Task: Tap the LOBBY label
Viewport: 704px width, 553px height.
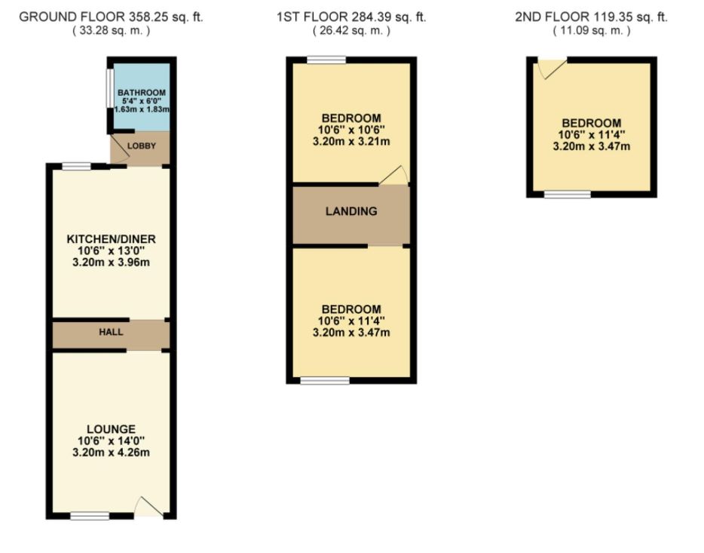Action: pyautogui.click(x=141, y=146)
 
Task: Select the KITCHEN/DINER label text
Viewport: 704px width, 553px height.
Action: pyautogui.click(x=110, y=239)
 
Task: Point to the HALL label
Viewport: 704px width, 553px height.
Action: pyautogui.click(x=110, y=331)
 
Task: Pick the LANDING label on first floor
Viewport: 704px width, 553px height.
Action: pyautogui.click(x=351, y=211)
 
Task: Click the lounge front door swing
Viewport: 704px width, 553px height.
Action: pyautogui.click(x=148, y=507)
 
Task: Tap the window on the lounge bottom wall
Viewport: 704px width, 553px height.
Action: pyautogui.click(x=90, y=516)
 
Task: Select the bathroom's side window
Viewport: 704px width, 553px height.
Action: pyautogui.click(x=109, y=92)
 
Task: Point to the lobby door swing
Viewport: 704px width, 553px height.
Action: pyautogui.click(x=121, y=149)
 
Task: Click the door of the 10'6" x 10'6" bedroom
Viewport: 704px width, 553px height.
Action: pyautogui.click(x=393, y=176)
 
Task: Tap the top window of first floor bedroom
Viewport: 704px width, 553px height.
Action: pyautogui.click(x=326, y=60)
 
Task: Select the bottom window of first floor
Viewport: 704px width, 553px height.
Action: pyautogui.click(x=325, y=380)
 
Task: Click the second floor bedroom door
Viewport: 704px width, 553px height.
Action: pyautogui.click(x=549, y=70)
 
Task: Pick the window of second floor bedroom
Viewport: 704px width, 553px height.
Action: pyautogui.click(x=567, y=195)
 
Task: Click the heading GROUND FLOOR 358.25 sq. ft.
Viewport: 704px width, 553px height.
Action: pyautogui.click(x=111, y=17)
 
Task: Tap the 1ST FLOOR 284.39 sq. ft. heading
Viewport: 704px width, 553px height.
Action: pyautogui.click(x=351, y=17)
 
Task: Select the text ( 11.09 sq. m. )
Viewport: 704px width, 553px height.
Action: pyautogui.click(x=592, y=31)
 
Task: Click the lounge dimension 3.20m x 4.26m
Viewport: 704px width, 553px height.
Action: pyautogui.click(x=110, y=453)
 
